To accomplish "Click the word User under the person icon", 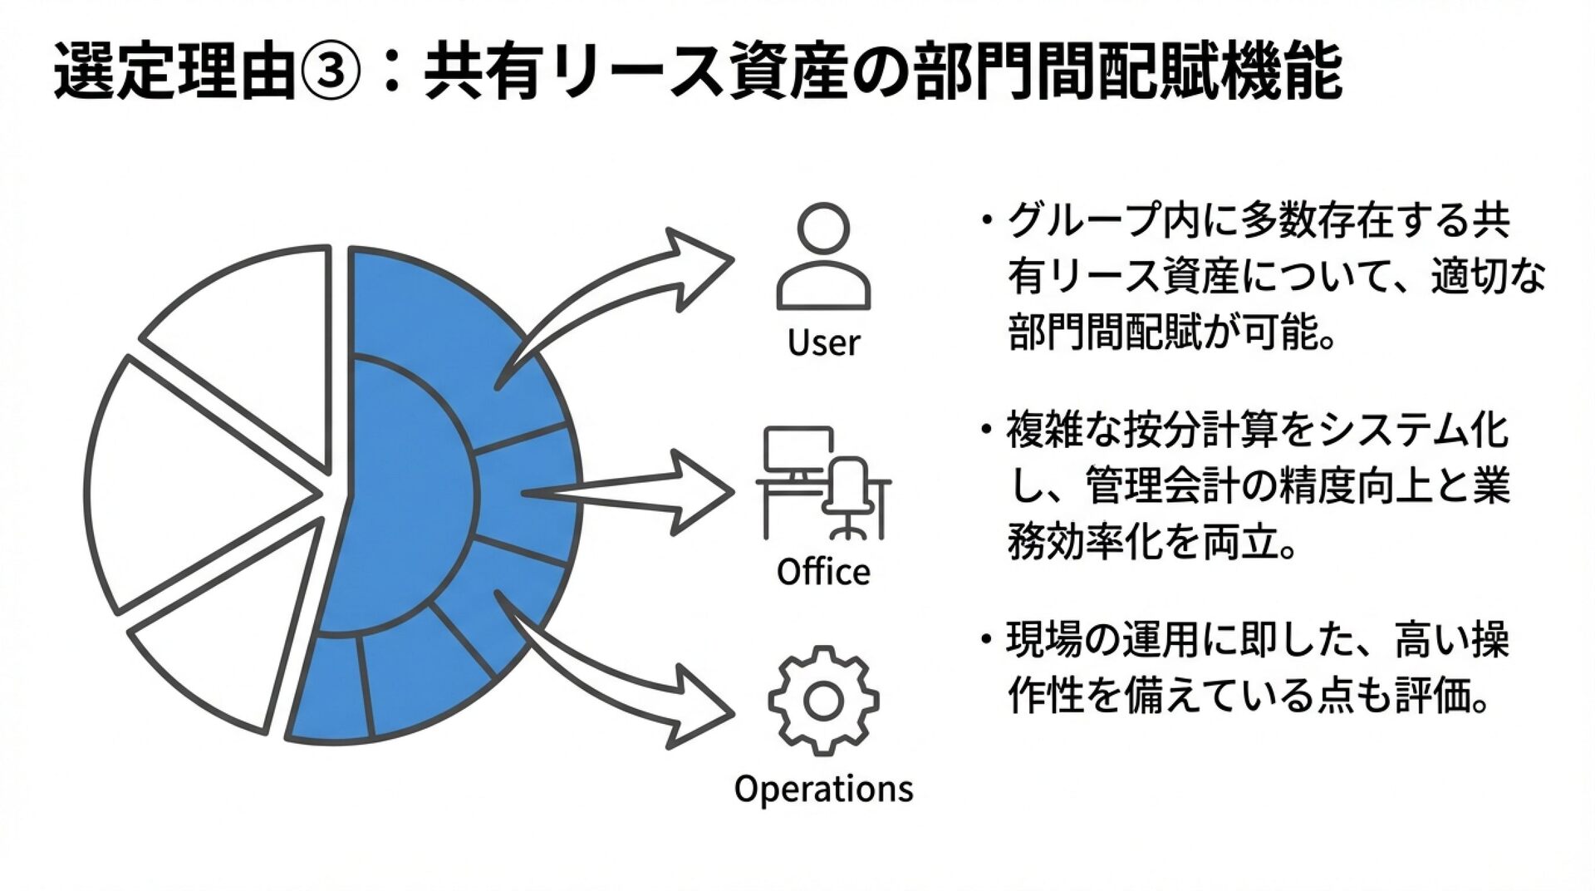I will [823, 342].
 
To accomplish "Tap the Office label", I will [823, 572].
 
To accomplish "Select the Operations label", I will [823, 788].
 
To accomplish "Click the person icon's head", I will [823, 226].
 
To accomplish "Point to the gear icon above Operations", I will [823, 701].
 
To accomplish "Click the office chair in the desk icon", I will [849, 495].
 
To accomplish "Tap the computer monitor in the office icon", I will [798, 449].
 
